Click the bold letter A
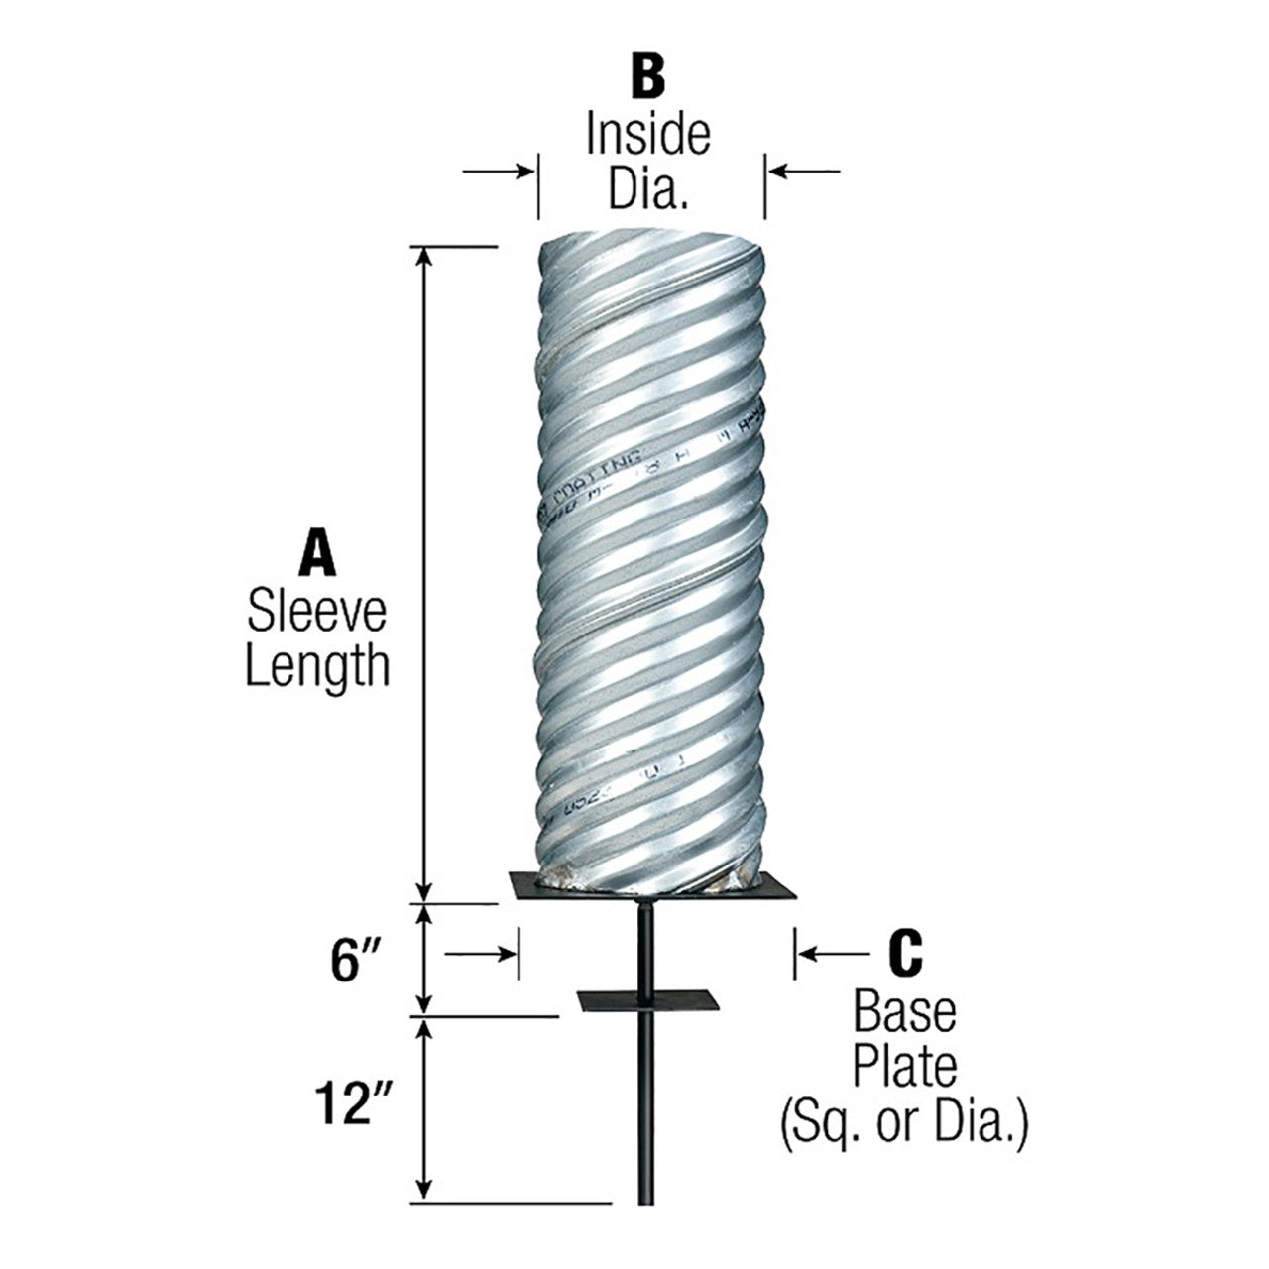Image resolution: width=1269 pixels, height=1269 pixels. click(x=317, y=553)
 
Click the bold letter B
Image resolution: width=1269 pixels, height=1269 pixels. click(x=647, y=77)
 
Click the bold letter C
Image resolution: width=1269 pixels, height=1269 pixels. click(x=903, y=953)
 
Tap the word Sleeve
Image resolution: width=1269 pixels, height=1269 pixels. click(x=317, y=613)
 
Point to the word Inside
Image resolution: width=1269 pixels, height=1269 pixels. click(x=647, y=135)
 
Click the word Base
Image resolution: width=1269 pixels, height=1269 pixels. click(x=904, y=1013)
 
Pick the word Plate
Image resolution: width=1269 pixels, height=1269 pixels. click(x=904, y=1068)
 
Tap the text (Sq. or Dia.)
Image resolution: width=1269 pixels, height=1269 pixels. click(x=903, y=1126)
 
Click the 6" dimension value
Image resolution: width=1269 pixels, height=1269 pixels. click(x=356, y=961)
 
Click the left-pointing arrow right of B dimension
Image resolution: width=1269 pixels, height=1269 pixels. click(x=805, y=172)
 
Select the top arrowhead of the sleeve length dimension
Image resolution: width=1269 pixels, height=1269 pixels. click(x=425, y=256)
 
